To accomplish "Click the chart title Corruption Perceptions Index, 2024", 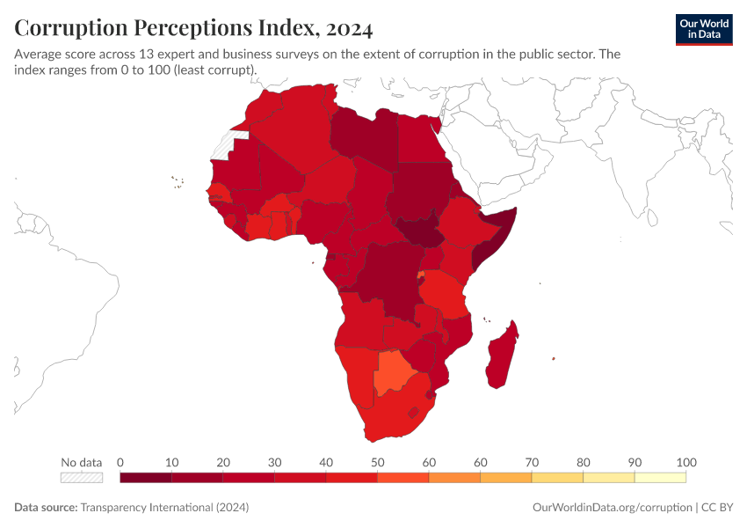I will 193,28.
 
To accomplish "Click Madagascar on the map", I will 501,356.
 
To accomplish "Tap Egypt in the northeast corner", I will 420,141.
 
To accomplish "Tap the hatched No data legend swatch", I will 82,477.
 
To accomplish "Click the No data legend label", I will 82,462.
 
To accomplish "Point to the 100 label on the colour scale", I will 686,462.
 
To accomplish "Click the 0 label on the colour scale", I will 120,462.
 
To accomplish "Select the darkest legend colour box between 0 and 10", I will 146,477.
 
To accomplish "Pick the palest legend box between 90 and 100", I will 661,477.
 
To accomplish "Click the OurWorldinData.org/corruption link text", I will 612,508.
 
